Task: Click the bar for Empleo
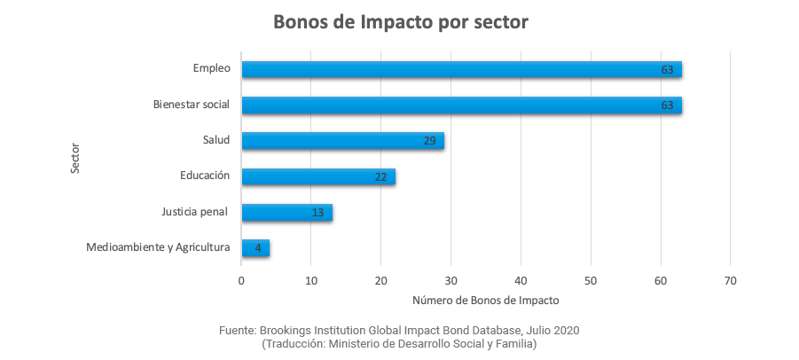pos(461,69)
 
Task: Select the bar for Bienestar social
pos(461,105)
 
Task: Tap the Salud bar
pos(342,141)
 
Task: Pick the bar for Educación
pos(317,176)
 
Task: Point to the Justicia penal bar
pos(286,212)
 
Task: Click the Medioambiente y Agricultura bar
pos(255,247)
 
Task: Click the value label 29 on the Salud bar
pos(430,141)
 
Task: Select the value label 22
pos(381,177)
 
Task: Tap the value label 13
pos(318,213)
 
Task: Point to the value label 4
pos(258,248)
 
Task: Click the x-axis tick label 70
pos(730,281)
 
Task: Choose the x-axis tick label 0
pos(241,281)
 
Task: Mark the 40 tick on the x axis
pos(521,281)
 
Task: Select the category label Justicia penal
pos(194,212)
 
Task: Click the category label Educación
pos(204,176)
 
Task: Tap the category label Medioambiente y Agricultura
pos(158,247)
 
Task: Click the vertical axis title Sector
pos(75,158)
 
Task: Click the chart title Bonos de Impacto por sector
pos(400,21)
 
